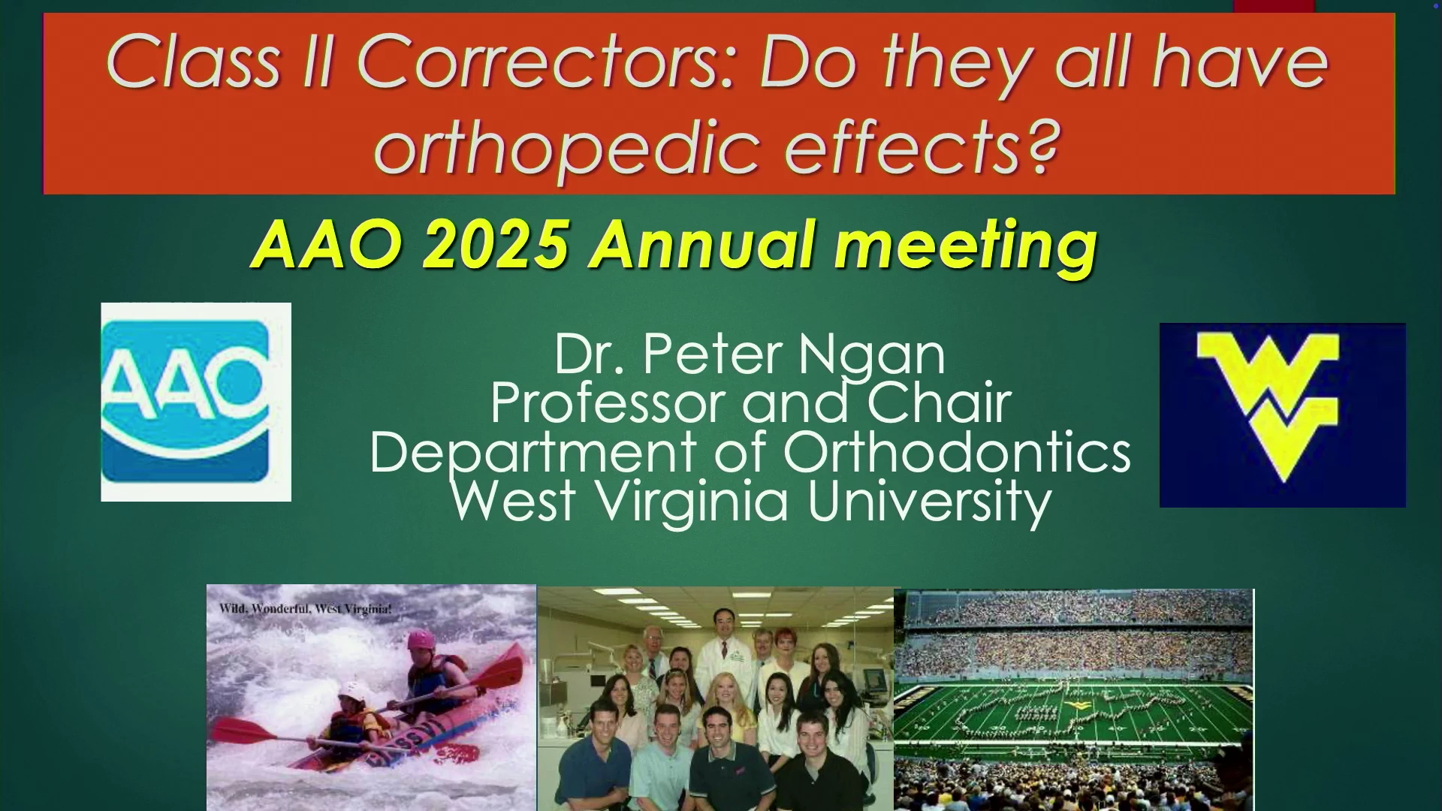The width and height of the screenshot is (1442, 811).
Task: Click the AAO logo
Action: click(x=196, y=402)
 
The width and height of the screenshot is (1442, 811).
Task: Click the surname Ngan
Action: click(x=871, y=354)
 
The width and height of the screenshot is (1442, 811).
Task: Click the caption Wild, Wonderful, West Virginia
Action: click(x=305, y=609)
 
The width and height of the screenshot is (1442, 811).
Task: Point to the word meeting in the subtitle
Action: click(x=966, y=247)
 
